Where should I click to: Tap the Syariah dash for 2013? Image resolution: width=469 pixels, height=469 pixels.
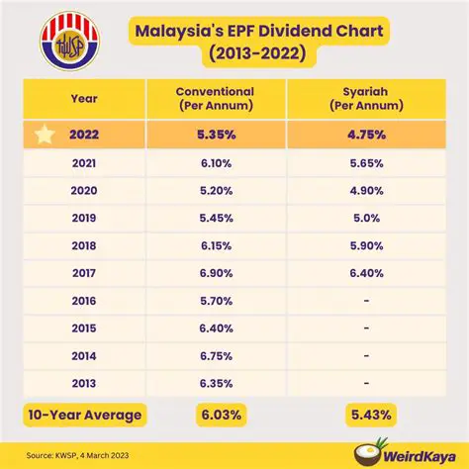(365, 379)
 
